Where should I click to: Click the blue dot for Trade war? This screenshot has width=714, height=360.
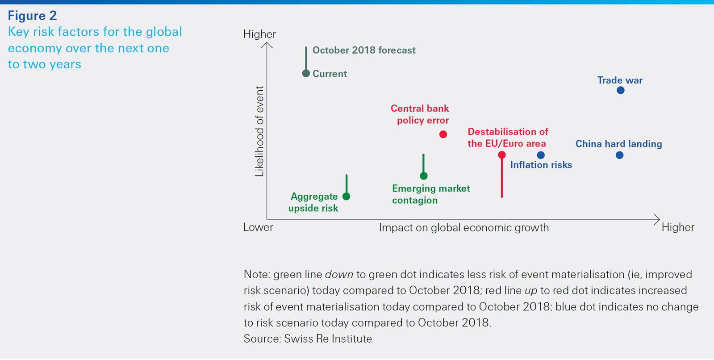(620, 90)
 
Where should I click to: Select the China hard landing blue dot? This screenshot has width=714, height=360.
(619, 155)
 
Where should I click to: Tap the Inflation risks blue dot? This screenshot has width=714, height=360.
(541, 155)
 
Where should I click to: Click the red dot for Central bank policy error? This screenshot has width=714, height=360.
(443, 134)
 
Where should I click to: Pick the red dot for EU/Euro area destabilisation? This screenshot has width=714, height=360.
(502, 155)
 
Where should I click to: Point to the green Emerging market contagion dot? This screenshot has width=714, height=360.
(424, 176)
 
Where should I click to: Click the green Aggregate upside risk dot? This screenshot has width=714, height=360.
(347, 196)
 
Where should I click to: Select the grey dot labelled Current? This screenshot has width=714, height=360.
(306, 73)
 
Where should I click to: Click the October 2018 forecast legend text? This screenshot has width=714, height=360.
(364, 50)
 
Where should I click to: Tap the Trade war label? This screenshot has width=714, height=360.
(620, 80)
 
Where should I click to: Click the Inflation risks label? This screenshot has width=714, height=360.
(541, 165)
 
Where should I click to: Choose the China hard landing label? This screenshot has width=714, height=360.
(618, 144)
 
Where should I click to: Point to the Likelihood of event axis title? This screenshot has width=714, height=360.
(259, 131)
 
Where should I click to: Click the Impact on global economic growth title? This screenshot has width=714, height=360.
(463, 228)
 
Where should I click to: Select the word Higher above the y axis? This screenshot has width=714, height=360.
(259, 34)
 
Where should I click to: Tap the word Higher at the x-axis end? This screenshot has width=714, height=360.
(677, 227)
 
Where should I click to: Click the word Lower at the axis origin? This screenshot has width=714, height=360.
(258, 227)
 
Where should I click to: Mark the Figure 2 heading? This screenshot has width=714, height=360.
(32, 16)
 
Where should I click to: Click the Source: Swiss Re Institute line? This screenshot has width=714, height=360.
(308, 339)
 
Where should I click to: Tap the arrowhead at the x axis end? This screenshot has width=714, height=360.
(657, 219)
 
